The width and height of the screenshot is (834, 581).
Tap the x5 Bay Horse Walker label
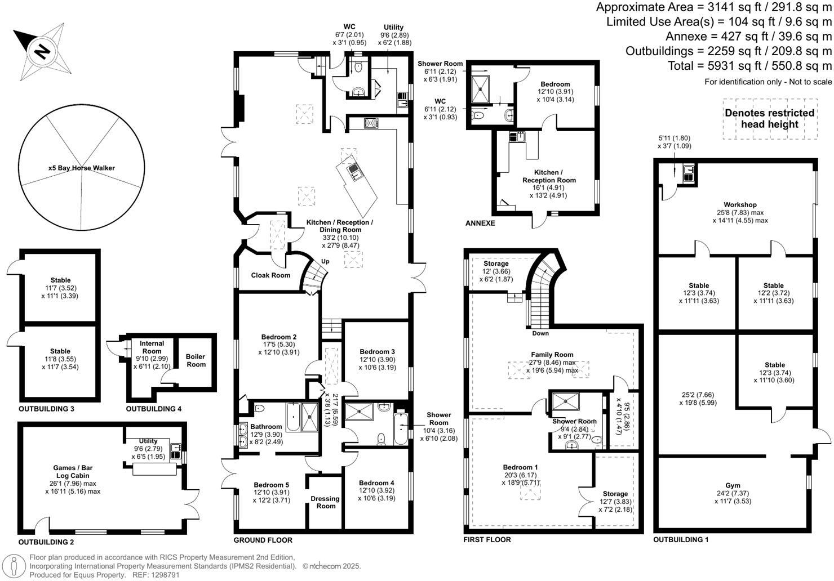pos(81,168)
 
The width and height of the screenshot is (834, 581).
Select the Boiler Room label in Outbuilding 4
pos(196,360)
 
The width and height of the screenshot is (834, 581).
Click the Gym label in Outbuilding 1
pos(733,485)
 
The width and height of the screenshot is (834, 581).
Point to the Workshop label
pos(740,205)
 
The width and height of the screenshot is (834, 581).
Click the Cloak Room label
pos(270,275)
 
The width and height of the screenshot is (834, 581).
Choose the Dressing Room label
pos(325,502)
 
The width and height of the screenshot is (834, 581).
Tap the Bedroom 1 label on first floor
pos(520,467)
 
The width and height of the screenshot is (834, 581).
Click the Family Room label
pos(552,355)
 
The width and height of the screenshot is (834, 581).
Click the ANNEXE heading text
pos(480,224)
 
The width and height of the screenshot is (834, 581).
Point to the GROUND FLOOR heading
pos(263,540)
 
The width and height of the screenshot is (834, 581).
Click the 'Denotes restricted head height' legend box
pos(769,119)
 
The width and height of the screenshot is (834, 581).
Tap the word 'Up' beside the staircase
pos(325,261)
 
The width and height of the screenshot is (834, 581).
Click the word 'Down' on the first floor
pos(540,333)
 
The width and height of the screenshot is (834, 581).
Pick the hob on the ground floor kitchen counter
pos(371,123)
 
